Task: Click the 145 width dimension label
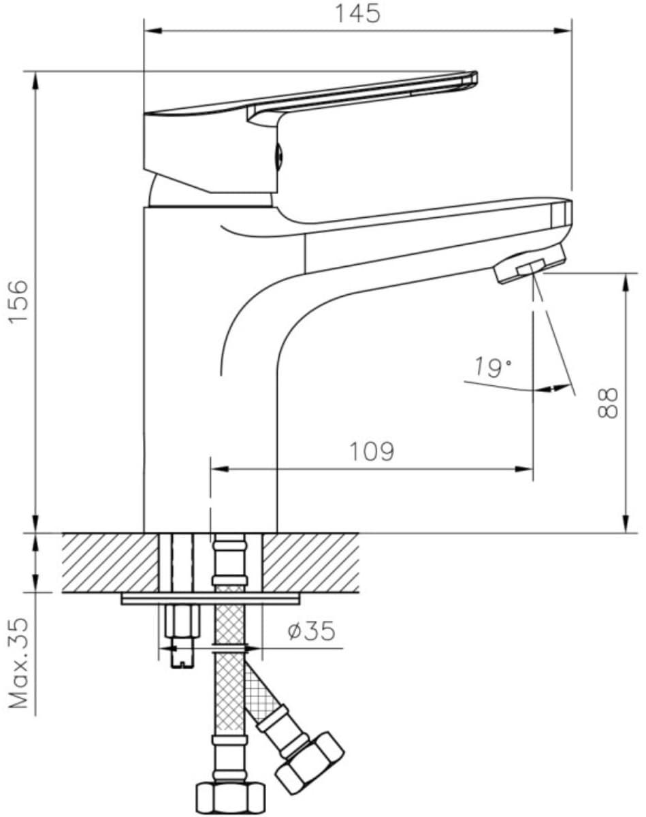[358, 14]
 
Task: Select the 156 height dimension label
[18, 302]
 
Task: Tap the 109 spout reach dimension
[372, 451]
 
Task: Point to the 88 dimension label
[608, 403]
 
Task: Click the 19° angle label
[493, 367]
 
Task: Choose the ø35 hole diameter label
[311, 630]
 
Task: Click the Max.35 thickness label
[18, 664]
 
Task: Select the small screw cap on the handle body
[278, 155]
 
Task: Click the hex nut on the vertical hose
[230, 796]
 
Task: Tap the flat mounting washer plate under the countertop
[210, 599]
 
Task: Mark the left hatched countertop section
[110, 563]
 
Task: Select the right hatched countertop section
[310, 563]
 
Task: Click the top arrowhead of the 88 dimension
[626, 282]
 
